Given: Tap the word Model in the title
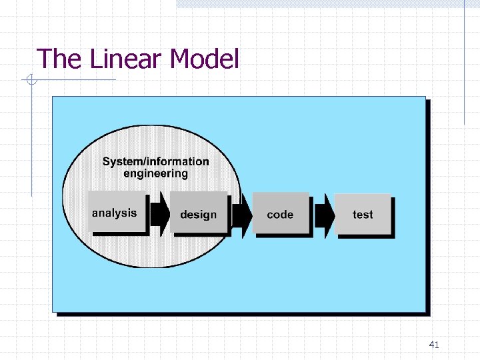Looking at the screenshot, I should click(x=204, y=59).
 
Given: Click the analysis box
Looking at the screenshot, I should click(x=117, y=212).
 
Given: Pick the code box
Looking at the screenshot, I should click(x=281, y=213).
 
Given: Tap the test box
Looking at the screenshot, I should click(x=363, y=213).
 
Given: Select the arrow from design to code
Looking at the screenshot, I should click(x=242, y=215).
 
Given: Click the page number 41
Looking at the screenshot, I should click(x=434, y=345).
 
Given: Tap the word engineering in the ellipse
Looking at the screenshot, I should click(x=156, y=174).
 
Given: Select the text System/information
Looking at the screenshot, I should click(x=155, y=161).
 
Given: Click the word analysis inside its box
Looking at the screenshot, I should click(x=114, y=213).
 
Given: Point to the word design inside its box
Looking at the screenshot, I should click(x=199, y=215).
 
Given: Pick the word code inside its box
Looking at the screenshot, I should click(x=280, y=215).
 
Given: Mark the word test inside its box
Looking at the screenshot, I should click(x=363, y=215).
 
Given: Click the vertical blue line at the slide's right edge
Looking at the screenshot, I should click(x=464, y=67).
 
